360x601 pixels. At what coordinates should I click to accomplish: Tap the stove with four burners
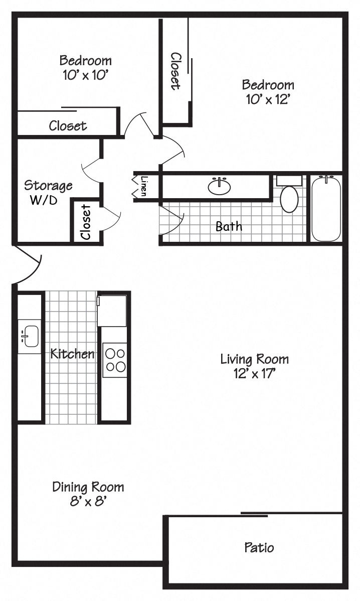115,360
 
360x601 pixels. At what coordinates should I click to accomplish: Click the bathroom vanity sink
219,186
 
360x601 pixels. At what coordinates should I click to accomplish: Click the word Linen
144,186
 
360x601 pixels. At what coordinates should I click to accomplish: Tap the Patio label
259,547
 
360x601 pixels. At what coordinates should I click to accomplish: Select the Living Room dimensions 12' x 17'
254,373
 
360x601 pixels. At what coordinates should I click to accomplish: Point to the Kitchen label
72,354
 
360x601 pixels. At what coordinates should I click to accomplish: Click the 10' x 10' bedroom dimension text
85,75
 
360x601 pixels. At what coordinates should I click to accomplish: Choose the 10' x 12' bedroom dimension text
268,99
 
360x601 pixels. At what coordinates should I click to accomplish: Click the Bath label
229,226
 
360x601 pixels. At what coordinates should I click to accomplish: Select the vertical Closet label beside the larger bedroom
175,71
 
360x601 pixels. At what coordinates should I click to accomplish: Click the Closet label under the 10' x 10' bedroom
68,125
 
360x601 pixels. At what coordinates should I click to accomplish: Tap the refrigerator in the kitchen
112,311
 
